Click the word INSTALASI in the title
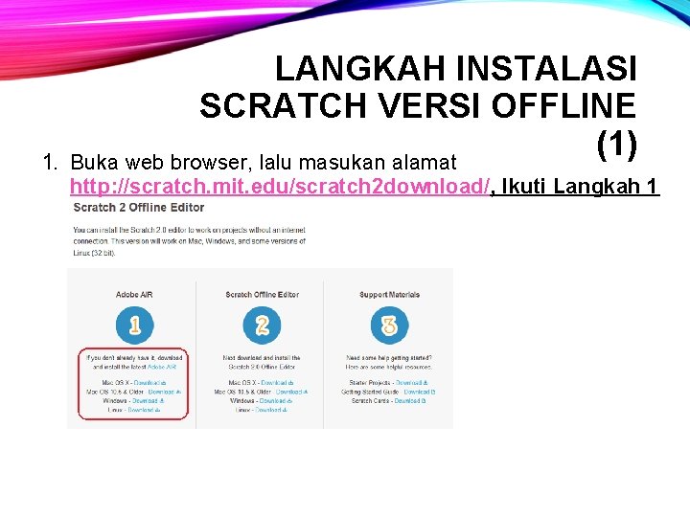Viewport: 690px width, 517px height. pyautogui.click(x=546, y=69)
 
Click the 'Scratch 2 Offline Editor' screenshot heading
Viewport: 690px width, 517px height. pyautogui.click(x=139, y=207)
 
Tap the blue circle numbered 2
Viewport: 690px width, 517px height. pyautogui.click(x=262, y=326)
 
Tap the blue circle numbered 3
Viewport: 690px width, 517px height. pyautogui.click(x=388, y=326)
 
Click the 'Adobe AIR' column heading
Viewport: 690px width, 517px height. pyautogui.click(x=133, y=295)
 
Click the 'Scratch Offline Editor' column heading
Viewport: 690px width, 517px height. pyautogui.click(x=262, y=295)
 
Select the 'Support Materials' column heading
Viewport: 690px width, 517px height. pyautogui.click(x=388, y=295)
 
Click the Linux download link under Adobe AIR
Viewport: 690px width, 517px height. pyautogui.click(x=144, y=410)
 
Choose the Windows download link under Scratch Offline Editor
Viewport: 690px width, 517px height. pyautogui.click(x=275, y=400)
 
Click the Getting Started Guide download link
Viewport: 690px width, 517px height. pyautogui.click(x=420, y=392)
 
